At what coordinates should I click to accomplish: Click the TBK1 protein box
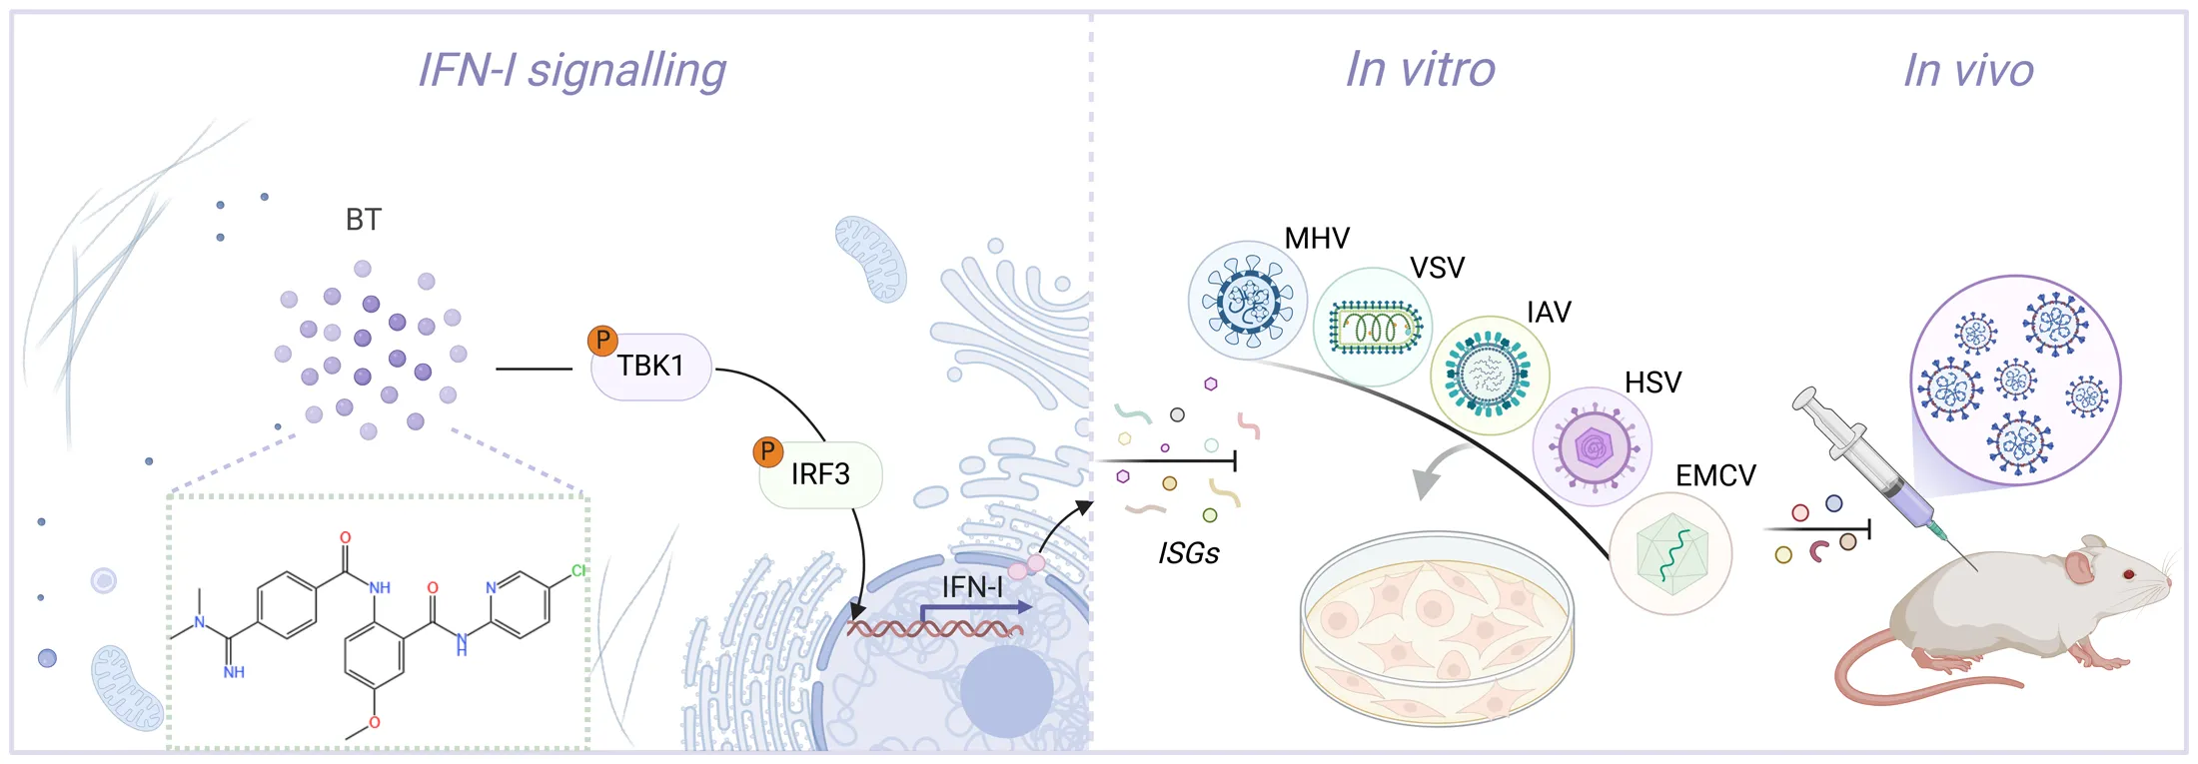pyautogui.click(x=650, y=367)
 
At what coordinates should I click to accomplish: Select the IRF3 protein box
pyautogui.click(x=820, y=474)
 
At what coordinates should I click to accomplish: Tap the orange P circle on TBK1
pyautogui.click(x=602, y=342)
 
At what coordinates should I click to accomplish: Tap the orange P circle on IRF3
pyautogui.click(x=767, y=452)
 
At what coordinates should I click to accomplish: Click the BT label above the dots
pyautogui.click(x=364, y=220)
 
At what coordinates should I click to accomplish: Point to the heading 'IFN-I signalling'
pyautogui.click(x=571, y=70)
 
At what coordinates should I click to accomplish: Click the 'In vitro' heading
pyautogui.click(x=1420, y=70)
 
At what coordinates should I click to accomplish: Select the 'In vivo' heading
pyautogui.click(x=1968, y=70)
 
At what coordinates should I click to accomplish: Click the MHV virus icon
pyautogui.click(x=1248, y=300)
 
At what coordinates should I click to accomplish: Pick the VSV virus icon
pyautogui.click(x=1373, y=327)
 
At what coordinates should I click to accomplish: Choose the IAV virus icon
pyautogui.click(x=1490, y=376)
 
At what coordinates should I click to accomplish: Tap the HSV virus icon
pyautogui.click(x=1593, y=446)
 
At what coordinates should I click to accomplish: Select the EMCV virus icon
pyautogui.click(x=1670, y=553)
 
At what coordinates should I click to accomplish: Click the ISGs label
pyautogui.click(x=1189, y=553)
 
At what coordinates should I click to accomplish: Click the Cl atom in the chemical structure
pyautogui.click(x=578, y=570)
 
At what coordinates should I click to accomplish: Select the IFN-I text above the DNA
pyautogui.click(x=972, y=587)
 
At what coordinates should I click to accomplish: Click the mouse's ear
pyautogui.click(x=2080, y=566)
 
